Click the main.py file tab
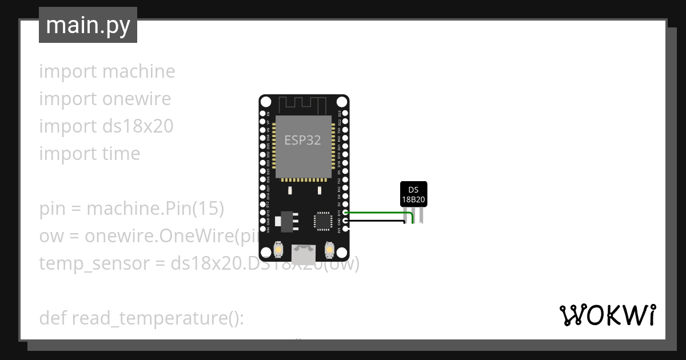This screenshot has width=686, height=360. pyautogui.click(x=87, y=25)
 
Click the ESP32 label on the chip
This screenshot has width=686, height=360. pyautogui.click(x=303, y=141)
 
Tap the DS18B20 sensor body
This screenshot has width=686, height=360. pyautogui.click(x=413, y=194)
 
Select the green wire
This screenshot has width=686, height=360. pyautogui.click(x=377, y=213)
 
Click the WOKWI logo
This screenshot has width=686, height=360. pyautogui.click(x=607, y=315)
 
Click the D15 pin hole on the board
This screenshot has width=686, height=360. pyautogui.click(x=345, y=213)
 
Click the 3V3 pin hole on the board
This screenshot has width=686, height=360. pyautogui.click(x=345, y=229)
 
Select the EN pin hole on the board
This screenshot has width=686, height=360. pyautogui.click(x=262, y=113)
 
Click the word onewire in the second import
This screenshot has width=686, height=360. pyautogui.click(x=137, y=99)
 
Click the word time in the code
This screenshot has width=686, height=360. pyautogui.click(x=121, y=154)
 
